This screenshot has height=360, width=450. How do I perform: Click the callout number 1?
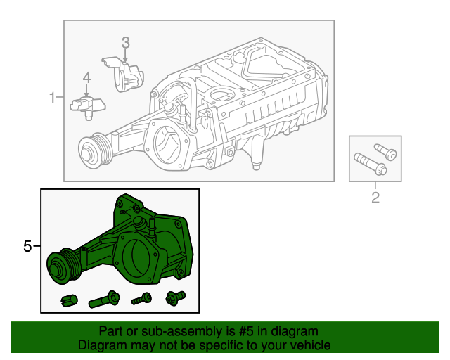[52, 97]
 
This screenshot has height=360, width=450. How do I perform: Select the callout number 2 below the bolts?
[375, 198]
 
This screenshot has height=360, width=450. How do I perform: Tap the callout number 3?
[125, 42]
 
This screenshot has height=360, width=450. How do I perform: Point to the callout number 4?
[86, 77]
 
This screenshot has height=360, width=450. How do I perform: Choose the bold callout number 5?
[27, 246]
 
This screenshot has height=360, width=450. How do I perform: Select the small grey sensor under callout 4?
[86, 105]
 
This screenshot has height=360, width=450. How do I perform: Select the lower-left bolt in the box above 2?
[369, 164]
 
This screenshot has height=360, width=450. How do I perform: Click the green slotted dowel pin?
[68, 300]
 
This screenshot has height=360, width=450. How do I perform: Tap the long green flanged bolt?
[105, 300]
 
